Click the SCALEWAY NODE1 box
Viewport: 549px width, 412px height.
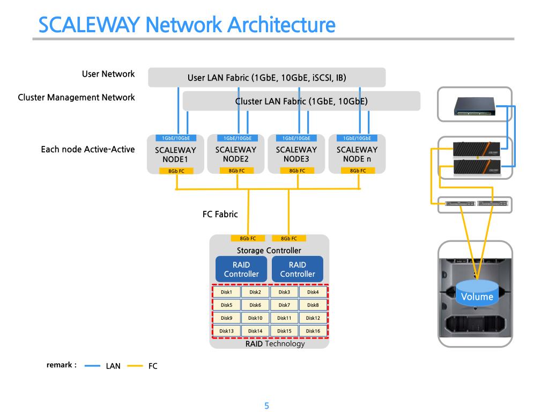[x=175, y=154]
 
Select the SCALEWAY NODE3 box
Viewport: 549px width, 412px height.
[x=296, y=154]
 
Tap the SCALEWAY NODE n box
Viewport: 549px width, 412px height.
[x=357, y=154]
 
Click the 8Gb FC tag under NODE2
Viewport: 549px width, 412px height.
[x=236, y=171]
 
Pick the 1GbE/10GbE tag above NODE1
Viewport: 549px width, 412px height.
[x=176, y=138]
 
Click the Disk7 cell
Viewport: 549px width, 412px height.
[x=284, y=305]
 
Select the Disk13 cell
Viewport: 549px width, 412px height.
[x=226, y=331]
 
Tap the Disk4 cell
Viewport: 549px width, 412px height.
[x=313, y=292]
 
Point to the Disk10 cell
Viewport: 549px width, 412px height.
[x=255, y=318]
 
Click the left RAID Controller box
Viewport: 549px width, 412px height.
[x=241, y=269]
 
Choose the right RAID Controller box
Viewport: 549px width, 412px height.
[x=298, y=269]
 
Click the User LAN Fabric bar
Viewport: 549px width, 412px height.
[x=266, y=77]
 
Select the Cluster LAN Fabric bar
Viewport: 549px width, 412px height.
[x=301, y=101]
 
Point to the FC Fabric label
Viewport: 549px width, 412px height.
[x=220, y=214]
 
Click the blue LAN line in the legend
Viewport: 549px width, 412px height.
[x=93, y=366]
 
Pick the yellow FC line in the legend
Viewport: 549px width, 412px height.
[x=135, y=366]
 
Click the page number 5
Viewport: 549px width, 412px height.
[x=266, y=406]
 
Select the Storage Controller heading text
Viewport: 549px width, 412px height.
[x=269, y=251]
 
